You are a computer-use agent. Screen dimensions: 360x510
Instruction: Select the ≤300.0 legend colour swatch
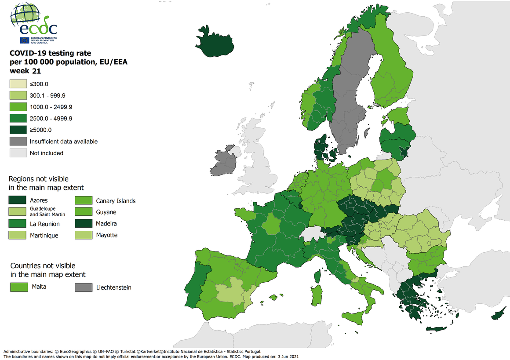[18, 84]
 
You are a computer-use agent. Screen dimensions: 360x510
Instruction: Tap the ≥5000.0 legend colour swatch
[18, 130]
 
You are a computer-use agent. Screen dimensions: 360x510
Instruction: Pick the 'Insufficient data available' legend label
[63, 142]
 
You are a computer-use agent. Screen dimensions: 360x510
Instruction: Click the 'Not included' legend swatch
[18, 153]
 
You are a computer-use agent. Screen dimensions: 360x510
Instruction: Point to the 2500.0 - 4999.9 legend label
[51, 119]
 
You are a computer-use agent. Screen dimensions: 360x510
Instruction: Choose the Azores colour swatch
[18, 200]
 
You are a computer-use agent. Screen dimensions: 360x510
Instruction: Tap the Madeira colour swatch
[84, 224]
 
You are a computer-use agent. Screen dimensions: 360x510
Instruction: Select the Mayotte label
[107, 235]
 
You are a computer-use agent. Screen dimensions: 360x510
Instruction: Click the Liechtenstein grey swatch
[84, 287]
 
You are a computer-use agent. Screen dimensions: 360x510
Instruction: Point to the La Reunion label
[45, 224]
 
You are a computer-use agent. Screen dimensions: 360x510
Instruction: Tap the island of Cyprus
[499, 315]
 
